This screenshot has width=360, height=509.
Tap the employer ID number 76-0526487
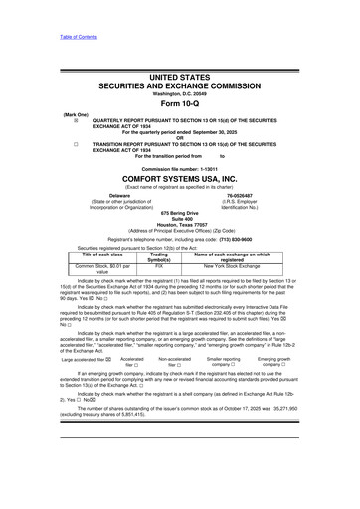click(x=239, y=195)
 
